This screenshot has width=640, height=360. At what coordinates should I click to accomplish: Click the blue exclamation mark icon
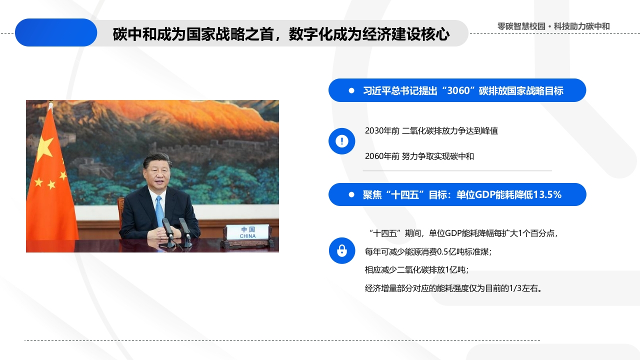[341, 141]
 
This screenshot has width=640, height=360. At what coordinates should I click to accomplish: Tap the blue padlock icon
[341, 250]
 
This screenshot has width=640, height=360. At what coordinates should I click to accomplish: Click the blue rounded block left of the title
[56, 32]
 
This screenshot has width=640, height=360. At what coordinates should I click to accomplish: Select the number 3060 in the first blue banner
[458, 90]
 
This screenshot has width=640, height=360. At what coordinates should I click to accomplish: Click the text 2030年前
[382, 131]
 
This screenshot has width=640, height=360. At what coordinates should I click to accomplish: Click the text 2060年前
[382, 156]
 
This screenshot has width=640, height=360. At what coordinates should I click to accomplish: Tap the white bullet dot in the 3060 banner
[351, 90]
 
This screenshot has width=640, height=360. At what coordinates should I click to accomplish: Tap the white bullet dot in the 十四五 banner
[351, 194]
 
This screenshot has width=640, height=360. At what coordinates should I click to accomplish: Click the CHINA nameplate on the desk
[247, 232]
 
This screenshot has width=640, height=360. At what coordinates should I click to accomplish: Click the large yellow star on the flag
[45, 148]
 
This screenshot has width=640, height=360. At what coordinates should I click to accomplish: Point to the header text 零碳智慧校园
[521, 26]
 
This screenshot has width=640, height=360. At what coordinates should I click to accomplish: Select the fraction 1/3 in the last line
[515, 288]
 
